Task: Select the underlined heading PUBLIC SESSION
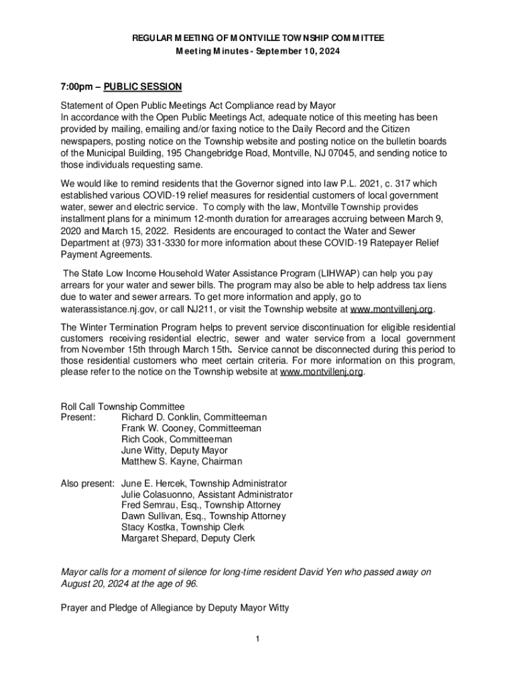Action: click(143, 87)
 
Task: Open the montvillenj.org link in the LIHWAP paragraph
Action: click(392, 309)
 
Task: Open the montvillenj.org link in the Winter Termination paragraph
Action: click(322, 372)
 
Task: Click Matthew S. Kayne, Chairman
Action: click(182, 462)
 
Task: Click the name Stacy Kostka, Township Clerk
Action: click(182, 527)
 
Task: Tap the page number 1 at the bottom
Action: click(257, 638)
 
